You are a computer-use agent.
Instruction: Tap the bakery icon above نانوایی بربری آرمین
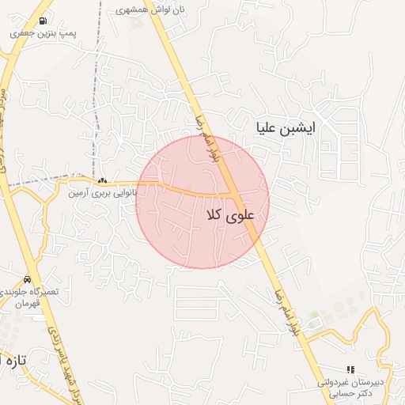point(102,181)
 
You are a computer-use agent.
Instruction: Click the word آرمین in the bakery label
point(78,192)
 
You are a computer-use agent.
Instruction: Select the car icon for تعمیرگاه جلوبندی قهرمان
point(28,279)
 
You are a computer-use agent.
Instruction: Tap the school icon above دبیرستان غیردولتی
point(350,369)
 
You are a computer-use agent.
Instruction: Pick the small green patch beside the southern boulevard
point(315,320)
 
